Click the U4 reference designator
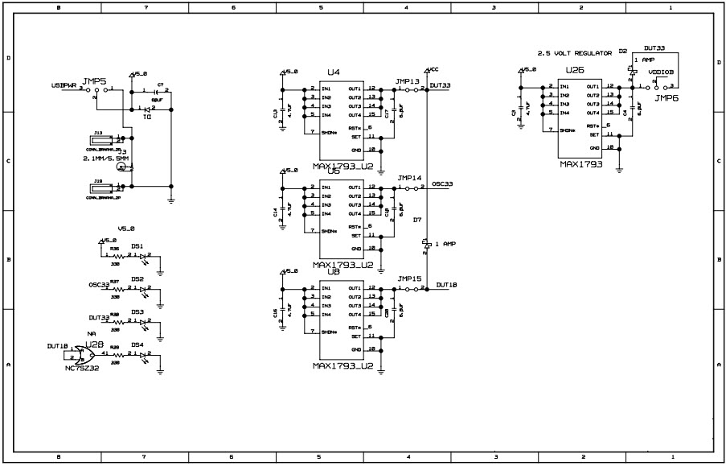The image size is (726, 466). [333, 72]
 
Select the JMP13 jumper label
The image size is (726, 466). [408, 81]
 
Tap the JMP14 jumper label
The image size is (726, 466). [408, 178]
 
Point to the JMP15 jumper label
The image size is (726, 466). [408, 278]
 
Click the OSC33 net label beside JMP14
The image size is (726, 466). [442, 184]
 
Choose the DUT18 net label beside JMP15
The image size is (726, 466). [448, 284]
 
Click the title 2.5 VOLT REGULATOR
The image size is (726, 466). [574, 52]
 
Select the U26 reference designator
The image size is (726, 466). [574, 71]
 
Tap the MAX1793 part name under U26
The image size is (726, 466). [581, 163]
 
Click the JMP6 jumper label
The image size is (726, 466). [667, 97]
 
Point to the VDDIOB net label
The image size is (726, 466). [671, 72]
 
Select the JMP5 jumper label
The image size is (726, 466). [94, 81]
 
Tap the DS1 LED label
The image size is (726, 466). [137, 246]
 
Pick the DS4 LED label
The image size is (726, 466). [137, 344]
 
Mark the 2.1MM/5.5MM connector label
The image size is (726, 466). [105, 159]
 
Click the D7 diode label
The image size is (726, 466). [416, 219]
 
